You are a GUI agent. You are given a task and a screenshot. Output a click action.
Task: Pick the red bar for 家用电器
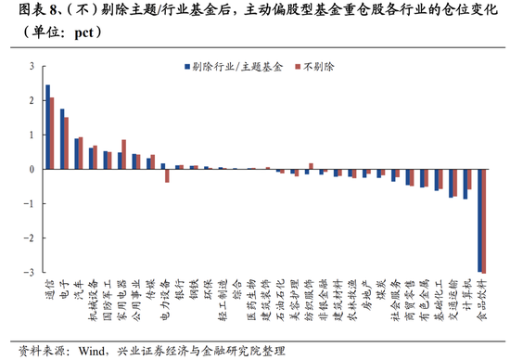123,155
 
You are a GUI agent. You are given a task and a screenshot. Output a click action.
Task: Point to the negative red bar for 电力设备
167,175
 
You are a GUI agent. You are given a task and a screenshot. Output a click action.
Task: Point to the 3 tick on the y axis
32,66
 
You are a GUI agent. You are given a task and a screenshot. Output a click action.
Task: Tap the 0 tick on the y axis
32,170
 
